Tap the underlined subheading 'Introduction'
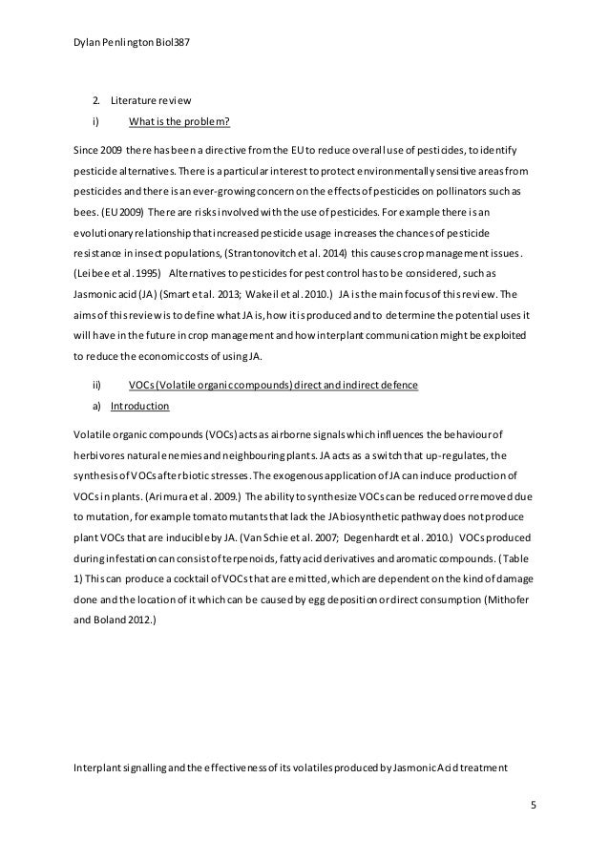point(139,407)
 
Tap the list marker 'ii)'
point(97,385)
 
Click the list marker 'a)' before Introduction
point(96,407)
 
